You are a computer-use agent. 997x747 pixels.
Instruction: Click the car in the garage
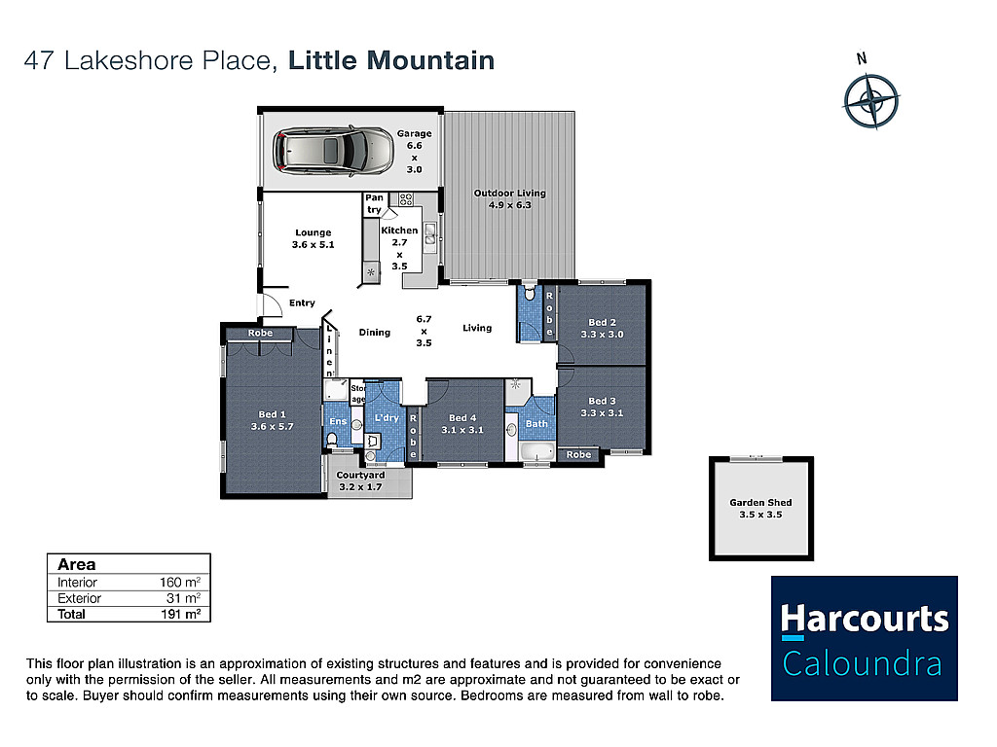pyautogui.click(x=333, y=151)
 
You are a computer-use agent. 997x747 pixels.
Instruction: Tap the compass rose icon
pyautogui.click(x=871, y=101)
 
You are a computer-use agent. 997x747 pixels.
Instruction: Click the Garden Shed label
pyautogui.click(x=760, y=508)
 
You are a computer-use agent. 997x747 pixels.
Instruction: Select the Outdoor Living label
pyautogui.click(x=509, y=198)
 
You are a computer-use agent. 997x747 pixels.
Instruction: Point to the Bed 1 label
pyautogui.click(x=273, y=420)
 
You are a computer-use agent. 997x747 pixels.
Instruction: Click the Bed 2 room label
pyautogui.click(x=602, y=329)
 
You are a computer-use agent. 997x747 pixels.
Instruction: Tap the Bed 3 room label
pyautogui.click(x=602, y=407)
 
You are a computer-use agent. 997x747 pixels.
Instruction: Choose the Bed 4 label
pyautogui.click(x=462, y=424)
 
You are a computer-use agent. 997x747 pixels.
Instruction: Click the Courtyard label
pyautogui.click(x=360, y=480)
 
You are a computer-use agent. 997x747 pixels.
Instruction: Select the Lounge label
pyautogui.click(x=313, y=238)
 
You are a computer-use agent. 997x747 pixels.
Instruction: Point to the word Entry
pyautogui.click(x=302, y=303)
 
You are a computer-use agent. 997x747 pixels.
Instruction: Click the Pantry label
pyautogui.click(x=375, y=204)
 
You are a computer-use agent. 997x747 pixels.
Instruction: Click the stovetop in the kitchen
pyautogui.click(x=406, y=199)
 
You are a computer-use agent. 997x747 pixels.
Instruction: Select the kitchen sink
pyautogui.click(x=430, y=233)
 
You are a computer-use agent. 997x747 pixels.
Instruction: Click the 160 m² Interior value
pyautogui.click(x=180, y=582)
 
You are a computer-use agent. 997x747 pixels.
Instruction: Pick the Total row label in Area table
pyautogui.click(x=71, y=615)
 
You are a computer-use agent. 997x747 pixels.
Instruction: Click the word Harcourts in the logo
pyautogui.click(x=865, y=619)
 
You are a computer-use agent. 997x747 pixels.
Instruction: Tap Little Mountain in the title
pyautogui.click(x=391, y=61)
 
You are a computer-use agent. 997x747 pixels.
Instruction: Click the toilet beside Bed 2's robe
pyautogui.click(x=530, y=293)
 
